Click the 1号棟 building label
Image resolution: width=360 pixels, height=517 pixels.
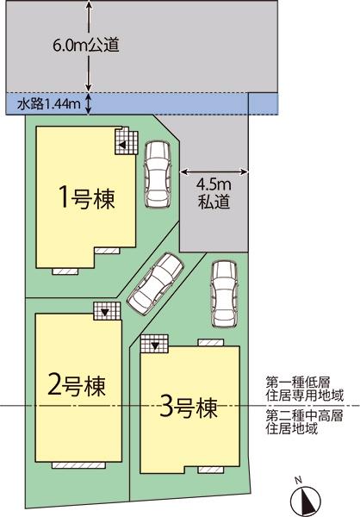[85, 197]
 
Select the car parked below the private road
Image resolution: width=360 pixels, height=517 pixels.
[224, 294]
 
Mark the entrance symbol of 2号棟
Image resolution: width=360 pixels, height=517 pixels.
[105, 310]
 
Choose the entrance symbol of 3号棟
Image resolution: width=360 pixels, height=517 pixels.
[155, 344]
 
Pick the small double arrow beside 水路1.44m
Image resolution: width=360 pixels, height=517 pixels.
[89, 105]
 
